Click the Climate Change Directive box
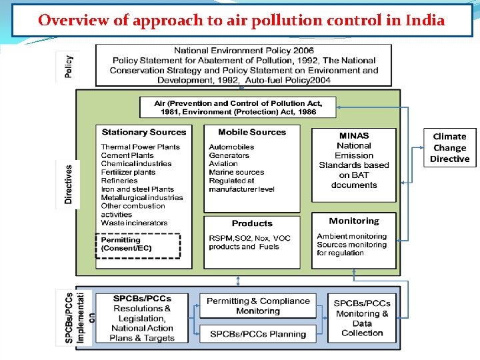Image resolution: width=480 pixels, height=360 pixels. tap(450, 147)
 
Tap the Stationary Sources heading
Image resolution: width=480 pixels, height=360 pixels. tap(143, 132)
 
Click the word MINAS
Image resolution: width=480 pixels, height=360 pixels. tap(353, 135)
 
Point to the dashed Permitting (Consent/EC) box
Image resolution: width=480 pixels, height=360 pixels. tap(139, 244)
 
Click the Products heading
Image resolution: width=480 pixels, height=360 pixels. tap(252, 223)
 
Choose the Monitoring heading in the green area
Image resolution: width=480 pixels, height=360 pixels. tap(353, 221)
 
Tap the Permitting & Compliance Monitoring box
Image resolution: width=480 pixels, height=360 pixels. tap(258, 306)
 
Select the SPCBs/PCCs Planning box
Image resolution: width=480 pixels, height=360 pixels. tap(258, 334)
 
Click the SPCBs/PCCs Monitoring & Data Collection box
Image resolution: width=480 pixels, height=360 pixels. tap(361, 318)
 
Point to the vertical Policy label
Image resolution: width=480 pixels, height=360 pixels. tap(69, 65)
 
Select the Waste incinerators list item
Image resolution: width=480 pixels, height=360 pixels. tap(134, 223)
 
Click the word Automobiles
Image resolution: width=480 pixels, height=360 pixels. tap(231, 147)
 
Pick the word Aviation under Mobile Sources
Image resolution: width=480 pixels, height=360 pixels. tap(223, 163)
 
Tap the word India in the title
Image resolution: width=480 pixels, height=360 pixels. tap(425, 20)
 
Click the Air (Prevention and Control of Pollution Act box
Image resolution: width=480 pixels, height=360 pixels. tap(238, 107)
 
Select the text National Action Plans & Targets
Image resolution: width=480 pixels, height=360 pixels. tap(143, 333)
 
